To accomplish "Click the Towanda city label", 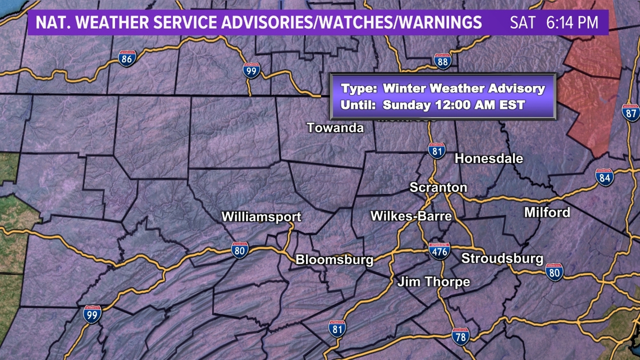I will pos(335,128).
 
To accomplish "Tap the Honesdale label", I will pos(488,158).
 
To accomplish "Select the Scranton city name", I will pos(438,188).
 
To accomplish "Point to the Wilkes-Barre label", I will pos(411,216).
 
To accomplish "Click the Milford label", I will pos(547,212).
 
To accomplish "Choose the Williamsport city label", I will pos(261,217).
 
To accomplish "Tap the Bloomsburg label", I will pos(334,259).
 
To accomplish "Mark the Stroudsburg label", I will pos(502,258).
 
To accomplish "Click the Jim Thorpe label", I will pos(433,282).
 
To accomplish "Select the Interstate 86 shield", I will pos(126,58).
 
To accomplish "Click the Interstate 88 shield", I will pos(442,61).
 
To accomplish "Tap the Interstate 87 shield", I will pos(631,112).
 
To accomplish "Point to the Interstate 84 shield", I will pos(605,177).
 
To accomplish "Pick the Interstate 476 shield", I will pos(439,250).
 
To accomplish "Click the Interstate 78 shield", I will pos(460,336).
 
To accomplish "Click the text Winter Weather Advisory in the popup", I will pos(464,88).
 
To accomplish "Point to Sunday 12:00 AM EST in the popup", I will pos(454,104).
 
